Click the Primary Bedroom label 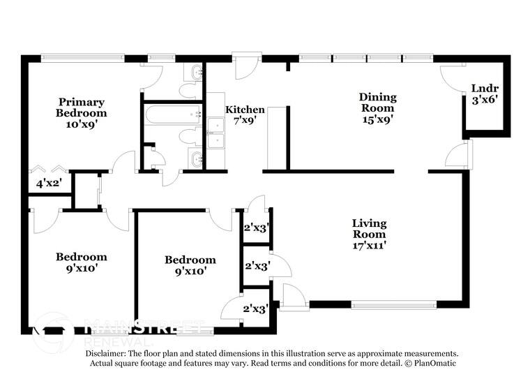pos(82,107)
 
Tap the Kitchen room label pos(245,110)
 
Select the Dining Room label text pos(377,103)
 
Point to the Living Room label pos(369,228)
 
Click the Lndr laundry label pos(485,89)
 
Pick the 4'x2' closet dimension pos(49,184)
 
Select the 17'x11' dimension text pos(369,244)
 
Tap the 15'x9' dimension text pos(377,119)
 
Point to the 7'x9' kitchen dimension pos(245,121)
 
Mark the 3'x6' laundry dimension pos(485,100)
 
